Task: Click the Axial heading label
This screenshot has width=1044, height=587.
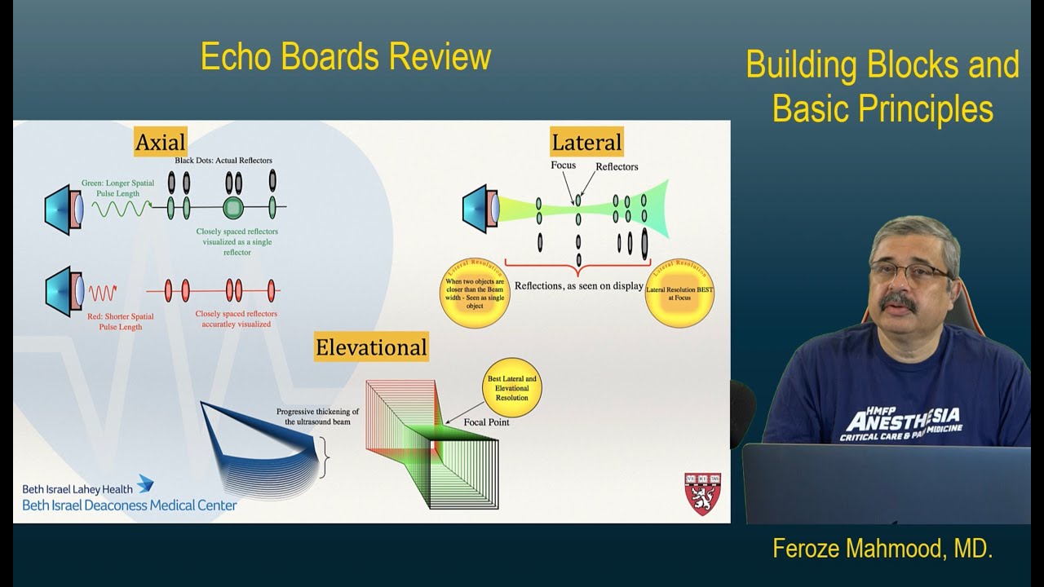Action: point(161,141)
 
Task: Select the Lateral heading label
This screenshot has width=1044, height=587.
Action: point(586,142)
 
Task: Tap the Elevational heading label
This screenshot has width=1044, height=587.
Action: point(371,347)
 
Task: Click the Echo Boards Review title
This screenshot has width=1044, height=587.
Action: point(346,57)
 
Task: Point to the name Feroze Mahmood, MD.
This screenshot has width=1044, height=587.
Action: point(883,549)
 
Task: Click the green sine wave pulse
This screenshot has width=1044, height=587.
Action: point(121,208)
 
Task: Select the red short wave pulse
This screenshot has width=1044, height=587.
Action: point(103,291)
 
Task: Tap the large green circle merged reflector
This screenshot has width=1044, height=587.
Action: point(233,208)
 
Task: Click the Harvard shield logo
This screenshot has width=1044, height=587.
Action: point(701,493)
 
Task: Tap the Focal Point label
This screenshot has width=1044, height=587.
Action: point(487,422)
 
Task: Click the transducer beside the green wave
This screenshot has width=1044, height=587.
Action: point(64,210)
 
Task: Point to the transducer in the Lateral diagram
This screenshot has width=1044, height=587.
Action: point(481,209)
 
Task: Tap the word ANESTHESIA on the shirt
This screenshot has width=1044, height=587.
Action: point(902,420)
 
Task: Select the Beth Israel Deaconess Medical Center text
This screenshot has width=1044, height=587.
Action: point(130,505)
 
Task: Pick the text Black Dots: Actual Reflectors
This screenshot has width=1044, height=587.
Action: point(223,161)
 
